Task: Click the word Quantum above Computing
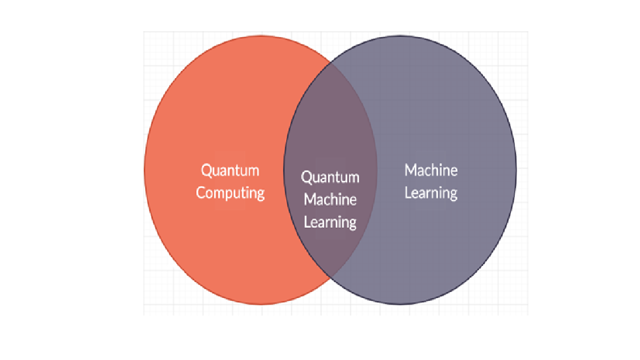tap(230, 170)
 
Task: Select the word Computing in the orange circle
tap(230, 193)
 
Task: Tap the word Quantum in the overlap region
tap(330, 177)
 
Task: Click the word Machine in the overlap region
tap(330, 199)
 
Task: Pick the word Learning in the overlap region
tap(330, 222)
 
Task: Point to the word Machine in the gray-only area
tap(431, 170)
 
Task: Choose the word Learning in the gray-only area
tap(431, 193)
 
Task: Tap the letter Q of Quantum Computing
tap(206, 170)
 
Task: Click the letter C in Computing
tap(201, 193)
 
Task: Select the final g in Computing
tap(260, 195)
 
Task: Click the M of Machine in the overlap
tap(309, 199)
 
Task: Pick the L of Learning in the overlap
tap(307, 222)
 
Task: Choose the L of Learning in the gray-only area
tap(408, 193)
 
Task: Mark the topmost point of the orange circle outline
tap(261, 35)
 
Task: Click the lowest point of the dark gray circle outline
tap(400, 304)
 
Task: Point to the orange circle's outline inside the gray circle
tap(377, 169)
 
